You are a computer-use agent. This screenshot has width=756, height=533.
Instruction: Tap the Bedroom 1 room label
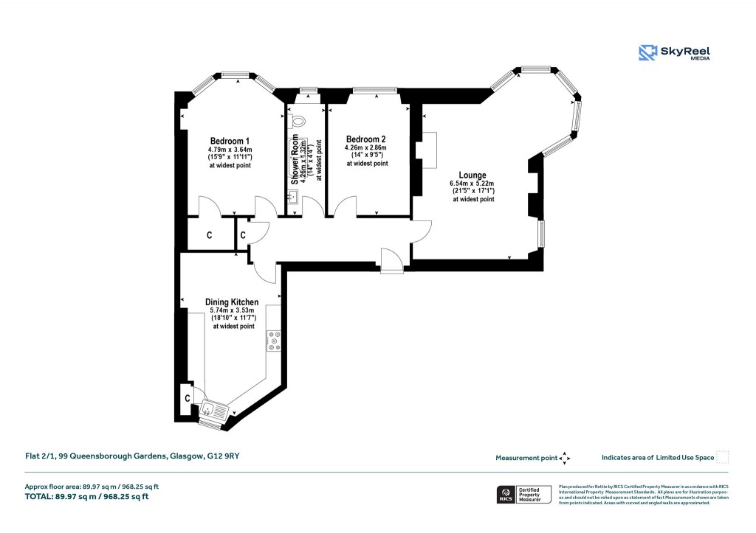coord(230,142)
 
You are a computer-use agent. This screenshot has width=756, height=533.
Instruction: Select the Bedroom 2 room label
coord(366,139)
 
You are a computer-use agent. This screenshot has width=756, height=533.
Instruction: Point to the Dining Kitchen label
coord(232,302)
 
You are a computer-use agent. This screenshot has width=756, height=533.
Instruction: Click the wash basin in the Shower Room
coord(292,196)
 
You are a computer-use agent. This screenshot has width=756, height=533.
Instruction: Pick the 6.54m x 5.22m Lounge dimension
coord(472,184)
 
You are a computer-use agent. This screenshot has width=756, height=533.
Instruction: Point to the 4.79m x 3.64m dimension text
coord(230,150)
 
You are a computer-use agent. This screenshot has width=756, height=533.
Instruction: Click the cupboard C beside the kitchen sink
coord(188,398)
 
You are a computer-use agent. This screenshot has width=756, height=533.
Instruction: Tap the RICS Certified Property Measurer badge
coord(523,494)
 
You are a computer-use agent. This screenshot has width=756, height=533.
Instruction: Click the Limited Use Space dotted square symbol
coord(722,457)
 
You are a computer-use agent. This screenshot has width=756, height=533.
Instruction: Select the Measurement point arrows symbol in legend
coord(565,458)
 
